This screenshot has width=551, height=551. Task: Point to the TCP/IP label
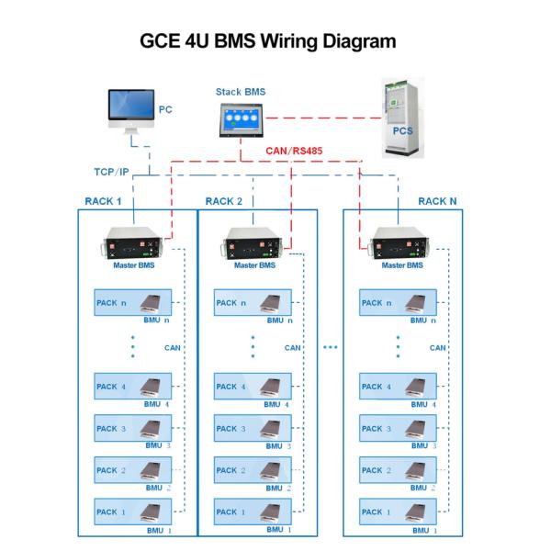point(116,172)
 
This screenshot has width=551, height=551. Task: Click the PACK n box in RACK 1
point(132,302)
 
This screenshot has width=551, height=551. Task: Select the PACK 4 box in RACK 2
point(253,387)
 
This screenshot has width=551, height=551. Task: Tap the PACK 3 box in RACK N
point(398,428)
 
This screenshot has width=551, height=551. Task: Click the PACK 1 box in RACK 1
point(132,512)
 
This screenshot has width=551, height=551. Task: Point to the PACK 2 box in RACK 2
point(253,470)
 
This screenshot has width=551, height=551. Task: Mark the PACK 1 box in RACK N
point(398,512)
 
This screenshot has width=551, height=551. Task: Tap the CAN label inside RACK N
point(437,348)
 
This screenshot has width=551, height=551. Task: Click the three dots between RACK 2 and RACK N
point(331,348)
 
